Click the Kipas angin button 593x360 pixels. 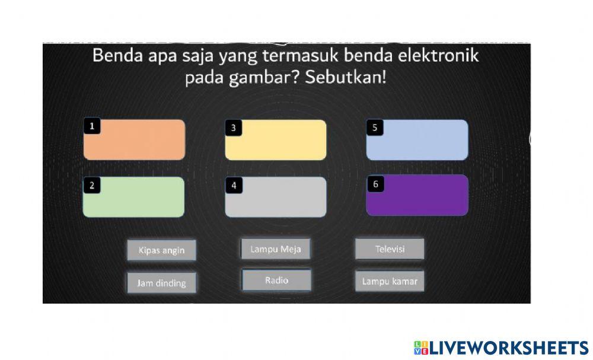click(161, 250)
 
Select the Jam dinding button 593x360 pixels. click(161, 283)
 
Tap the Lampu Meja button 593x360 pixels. click(276, 249)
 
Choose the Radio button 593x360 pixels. click(276, 281)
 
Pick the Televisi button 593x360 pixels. click(390, 249)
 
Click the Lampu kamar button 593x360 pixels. click(390, 281)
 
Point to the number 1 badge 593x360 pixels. click(92, 126)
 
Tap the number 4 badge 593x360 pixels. click(234, 186)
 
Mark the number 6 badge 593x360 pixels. click(375, 184)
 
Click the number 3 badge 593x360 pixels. click(234, 128)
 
